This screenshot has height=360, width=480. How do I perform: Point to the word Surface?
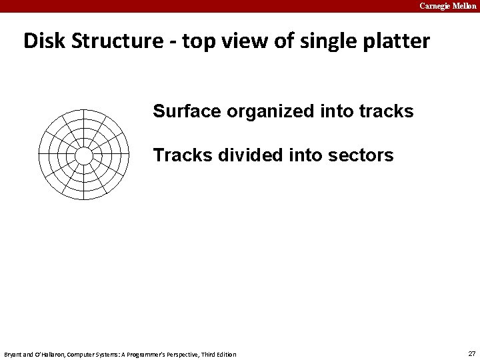(x=187, y=111)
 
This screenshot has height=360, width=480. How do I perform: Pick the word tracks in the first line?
(x=386, y=111)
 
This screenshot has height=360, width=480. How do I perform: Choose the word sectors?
(x=361, y=155)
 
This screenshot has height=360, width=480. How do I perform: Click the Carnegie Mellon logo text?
(x=447, y=5)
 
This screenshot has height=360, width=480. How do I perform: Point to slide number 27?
(x=472, y=353)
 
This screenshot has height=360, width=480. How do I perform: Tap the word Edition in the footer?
(x=225, y=354)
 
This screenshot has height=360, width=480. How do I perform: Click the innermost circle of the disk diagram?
(x=84, y=155)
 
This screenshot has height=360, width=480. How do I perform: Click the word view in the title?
(x=243, y=41)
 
